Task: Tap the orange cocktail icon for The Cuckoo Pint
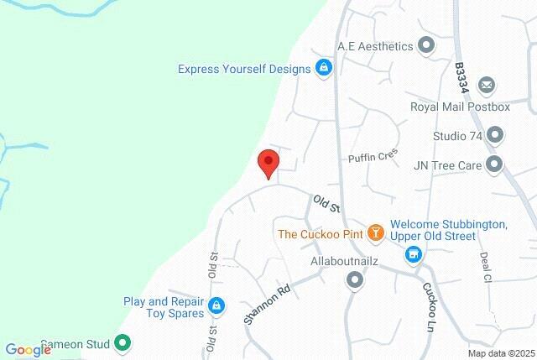point(377,233)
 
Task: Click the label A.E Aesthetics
point(375,46)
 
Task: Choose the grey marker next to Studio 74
point(495,135)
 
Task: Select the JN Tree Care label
point(447,165)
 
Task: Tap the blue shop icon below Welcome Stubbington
point(412,253)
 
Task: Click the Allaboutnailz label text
point(345,262)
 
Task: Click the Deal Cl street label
point(485,267)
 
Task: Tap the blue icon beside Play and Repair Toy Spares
point(216,305)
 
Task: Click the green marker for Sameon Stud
point(122,342)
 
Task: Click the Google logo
point(28,350)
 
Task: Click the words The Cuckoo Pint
point(321,233)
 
